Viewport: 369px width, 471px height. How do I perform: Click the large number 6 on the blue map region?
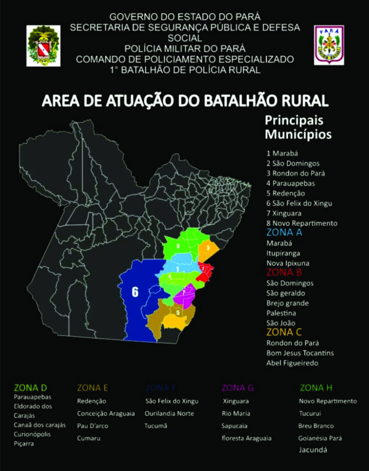135,292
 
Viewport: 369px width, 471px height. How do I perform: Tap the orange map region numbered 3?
208,248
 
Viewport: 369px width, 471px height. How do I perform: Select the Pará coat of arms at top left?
43,46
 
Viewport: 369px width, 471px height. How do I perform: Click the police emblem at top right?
329,45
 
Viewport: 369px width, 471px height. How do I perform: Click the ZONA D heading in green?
31,387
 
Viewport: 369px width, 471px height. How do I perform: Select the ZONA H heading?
316,387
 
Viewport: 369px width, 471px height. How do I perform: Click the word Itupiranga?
283,253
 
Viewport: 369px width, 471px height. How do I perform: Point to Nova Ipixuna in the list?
287,263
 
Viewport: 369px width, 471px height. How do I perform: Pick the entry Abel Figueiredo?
292,363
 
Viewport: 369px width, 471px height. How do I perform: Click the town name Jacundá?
313,450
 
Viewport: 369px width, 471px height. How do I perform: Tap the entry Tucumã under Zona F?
156,426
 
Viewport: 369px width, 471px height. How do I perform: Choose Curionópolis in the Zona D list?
32,434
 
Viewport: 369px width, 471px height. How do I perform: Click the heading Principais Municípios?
298,127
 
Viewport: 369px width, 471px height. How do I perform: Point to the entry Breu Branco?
316,426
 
